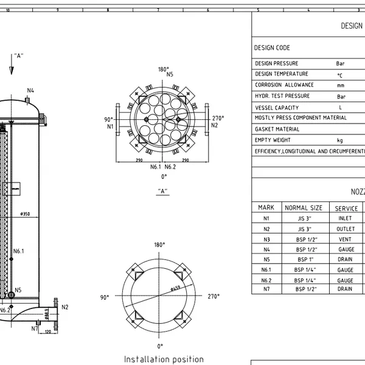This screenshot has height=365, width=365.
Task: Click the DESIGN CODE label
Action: [272, 48]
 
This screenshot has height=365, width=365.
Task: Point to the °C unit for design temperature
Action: [340, 75]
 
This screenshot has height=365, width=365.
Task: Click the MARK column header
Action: [266, 208]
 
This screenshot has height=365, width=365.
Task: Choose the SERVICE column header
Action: [347, 208]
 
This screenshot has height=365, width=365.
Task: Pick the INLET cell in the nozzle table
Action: [344, 218]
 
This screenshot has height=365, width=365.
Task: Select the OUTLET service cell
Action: [344, 229]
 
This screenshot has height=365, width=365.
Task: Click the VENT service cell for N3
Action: [344, 239]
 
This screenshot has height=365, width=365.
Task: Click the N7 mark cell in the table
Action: [266, 289]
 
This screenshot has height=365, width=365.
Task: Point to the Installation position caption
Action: [164, 359]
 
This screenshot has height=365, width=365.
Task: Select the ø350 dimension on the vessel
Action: [25, 214]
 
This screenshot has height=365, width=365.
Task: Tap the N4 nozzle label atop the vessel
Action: [30, 90]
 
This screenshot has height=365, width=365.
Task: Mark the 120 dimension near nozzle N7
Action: [47, 332]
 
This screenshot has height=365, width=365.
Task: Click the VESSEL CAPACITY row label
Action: [277, 107]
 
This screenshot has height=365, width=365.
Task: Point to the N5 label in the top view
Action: [170, 74]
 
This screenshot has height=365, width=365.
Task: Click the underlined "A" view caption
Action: [163, 191]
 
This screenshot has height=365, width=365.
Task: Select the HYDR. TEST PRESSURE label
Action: [282, 96]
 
